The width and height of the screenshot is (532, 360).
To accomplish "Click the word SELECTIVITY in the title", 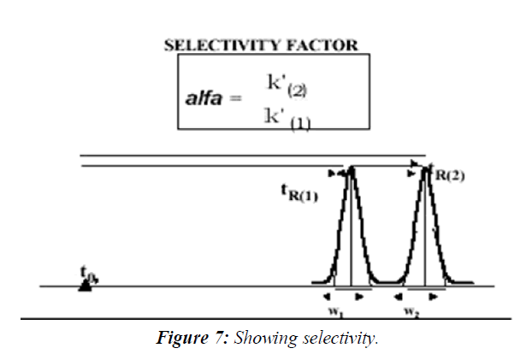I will point(217,45).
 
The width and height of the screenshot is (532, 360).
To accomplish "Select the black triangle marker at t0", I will point(85,286).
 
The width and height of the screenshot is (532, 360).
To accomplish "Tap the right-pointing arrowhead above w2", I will point(440,296).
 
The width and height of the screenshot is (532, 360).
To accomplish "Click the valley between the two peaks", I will point(388,281).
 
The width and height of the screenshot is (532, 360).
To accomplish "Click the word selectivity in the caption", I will point(339,339).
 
